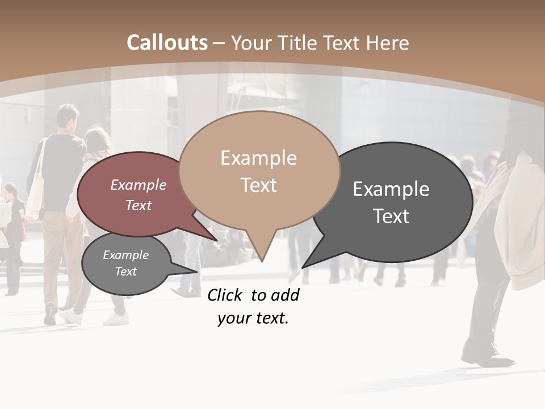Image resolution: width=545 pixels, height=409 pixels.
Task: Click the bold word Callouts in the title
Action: coord(167,43)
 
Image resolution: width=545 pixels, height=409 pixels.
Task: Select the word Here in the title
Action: coord(388,43)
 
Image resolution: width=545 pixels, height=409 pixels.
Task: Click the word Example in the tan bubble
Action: coord(258,158)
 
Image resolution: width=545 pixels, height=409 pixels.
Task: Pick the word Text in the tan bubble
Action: coord(258,185)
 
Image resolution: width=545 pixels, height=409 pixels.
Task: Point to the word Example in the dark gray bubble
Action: coord(391,189)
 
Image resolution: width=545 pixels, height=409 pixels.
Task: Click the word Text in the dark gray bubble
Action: coord(391,216)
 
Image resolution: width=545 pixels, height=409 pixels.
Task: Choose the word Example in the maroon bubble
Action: coord(139,185)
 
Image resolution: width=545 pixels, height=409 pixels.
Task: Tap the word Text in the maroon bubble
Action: coord(139,205)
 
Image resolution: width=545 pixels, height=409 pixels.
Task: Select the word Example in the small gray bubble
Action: coord(126,255)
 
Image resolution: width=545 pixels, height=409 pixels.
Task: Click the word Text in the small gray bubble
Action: coord(126,272)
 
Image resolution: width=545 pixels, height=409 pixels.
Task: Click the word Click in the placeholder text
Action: coord(224,295)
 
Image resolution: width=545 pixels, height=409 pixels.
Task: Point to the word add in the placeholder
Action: coord(286,295)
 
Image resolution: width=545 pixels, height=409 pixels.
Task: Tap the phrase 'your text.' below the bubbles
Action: coord(253,318)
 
